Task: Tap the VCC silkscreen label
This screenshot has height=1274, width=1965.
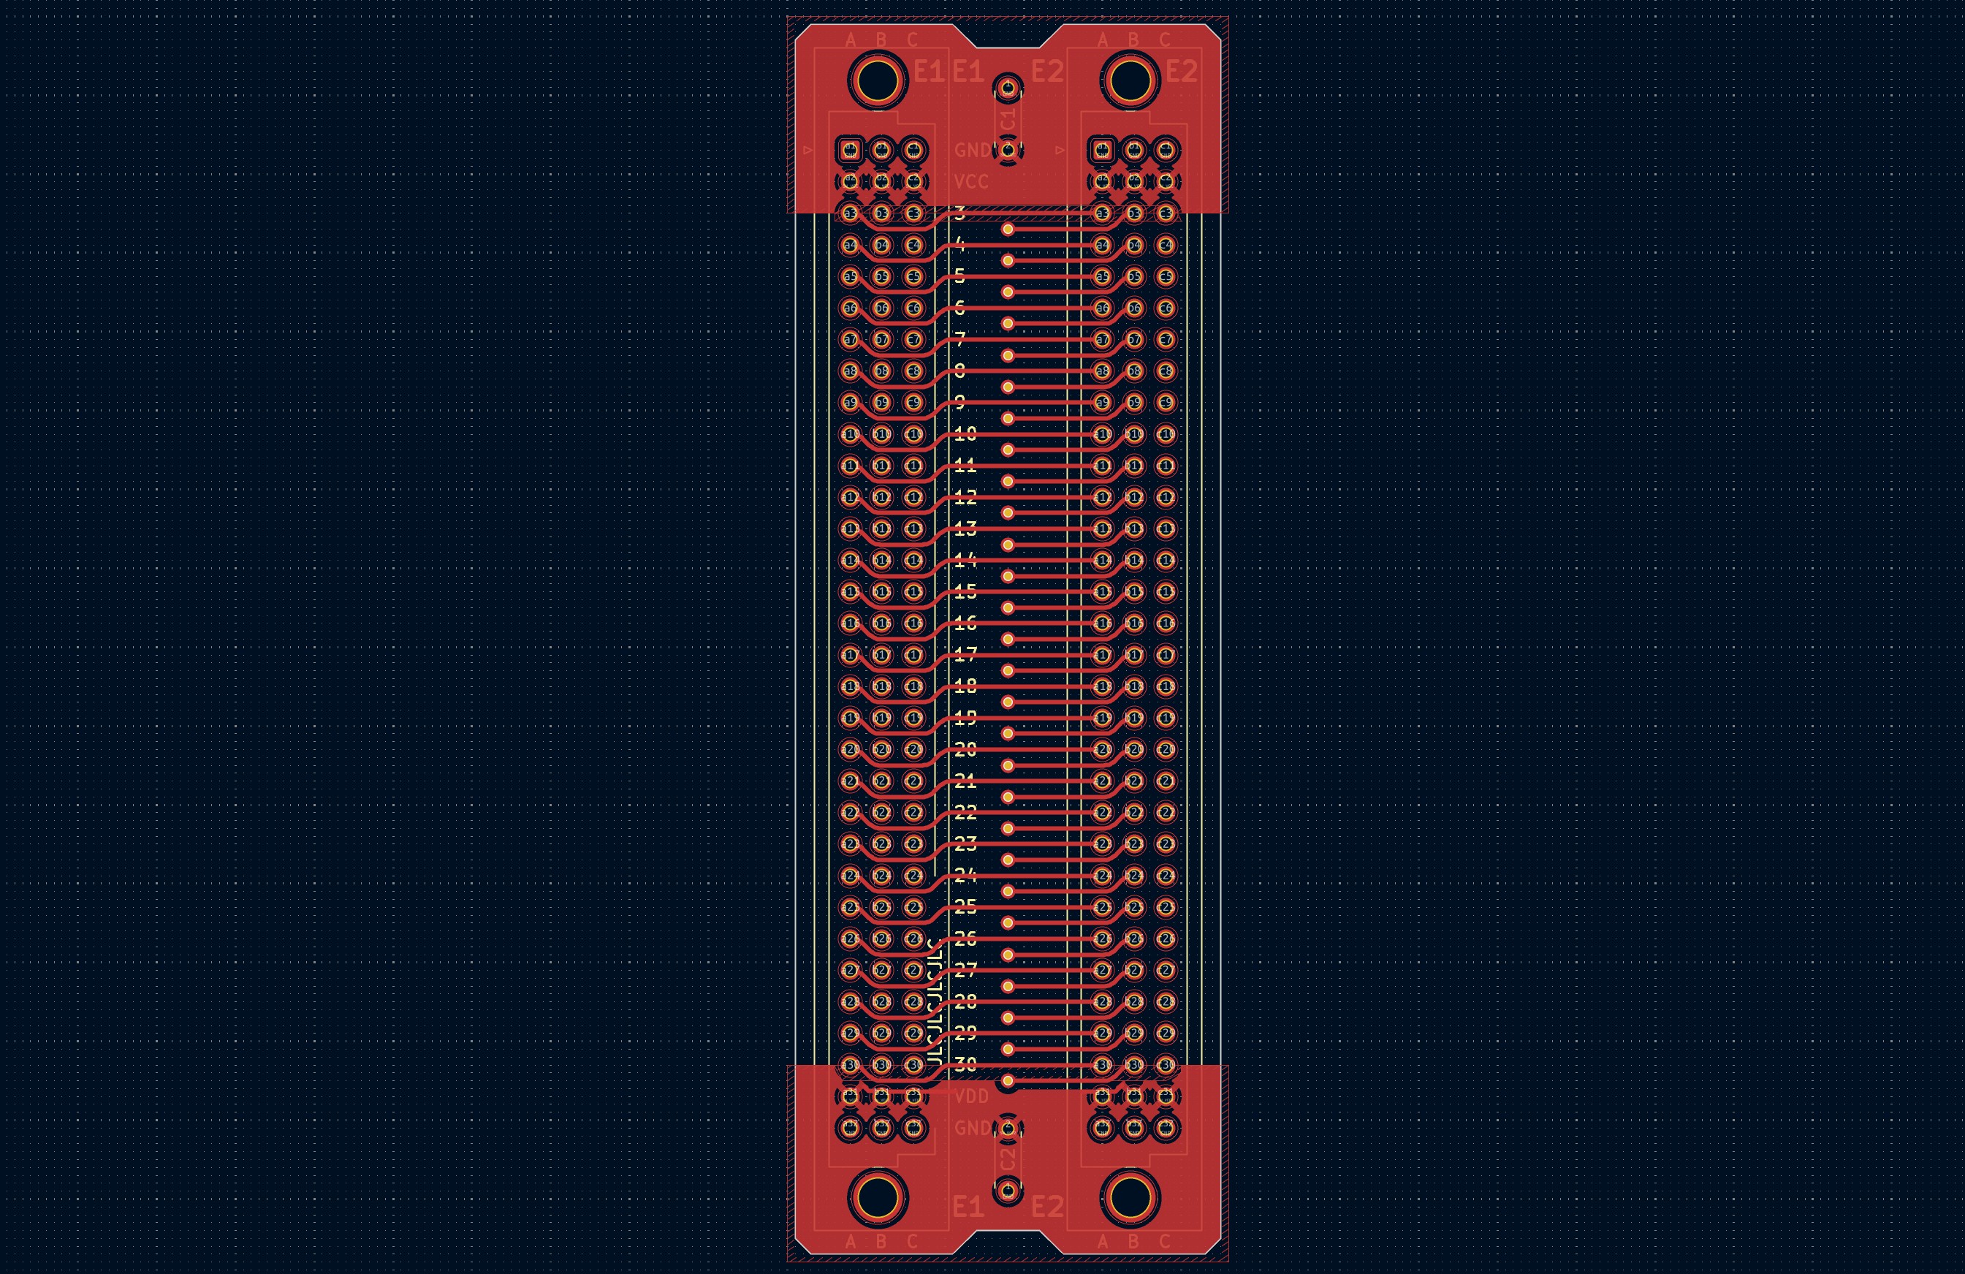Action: [x=971, y=182]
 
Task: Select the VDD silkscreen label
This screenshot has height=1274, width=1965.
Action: [x=971, y=1096]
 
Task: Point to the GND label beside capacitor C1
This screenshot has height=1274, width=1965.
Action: [x=971, y=151]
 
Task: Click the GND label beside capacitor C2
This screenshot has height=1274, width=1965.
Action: [x=971, y=1128]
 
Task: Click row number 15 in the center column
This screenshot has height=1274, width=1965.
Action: [x=965, y=591]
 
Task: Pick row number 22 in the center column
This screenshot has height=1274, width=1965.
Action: [x=965, y=813]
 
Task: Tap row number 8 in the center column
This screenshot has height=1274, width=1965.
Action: [x=959, y=371]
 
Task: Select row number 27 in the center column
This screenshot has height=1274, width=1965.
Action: [x=965, y=970]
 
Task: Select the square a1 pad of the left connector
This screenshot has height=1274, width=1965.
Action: [x=851, y=151]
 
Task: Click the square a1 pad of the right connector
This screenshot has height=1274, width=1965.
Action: [x=1102, y=151]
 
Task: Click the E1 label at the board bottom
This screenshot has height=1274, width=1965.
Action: [x=968, y=1207]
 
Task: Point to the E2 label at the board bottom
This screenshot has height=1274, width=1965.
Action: [x=1047, y=1207]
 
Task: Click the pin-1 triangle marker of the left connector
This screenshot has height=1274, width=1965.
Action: [x=808, y=151]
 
